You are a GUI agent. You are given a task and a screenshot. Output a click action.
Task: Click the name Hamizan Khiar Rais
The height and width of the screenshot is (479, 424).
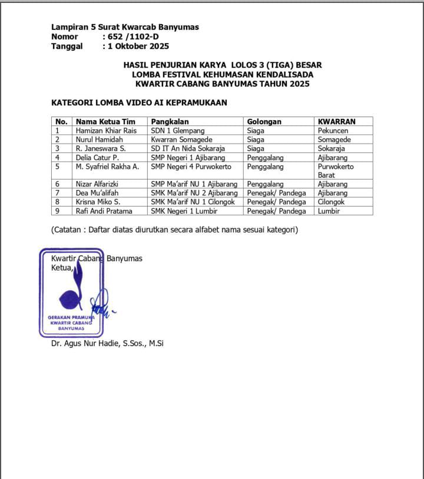[106, 131]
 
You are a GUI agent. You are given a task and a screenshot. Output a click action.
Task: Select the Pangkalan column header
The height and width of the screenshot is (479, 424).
[170, 122]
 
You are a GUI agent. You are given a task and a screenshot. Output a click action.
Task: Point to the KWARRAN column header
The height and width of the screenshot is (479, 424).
[336, 122]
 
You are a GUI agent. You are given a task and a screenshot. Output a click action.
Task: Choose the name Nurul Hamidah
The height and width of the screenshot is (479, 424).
[99, 139]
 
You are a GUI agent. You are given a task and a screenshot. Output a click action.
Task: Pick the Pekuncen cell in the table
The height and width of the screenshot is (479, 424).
[333, 131]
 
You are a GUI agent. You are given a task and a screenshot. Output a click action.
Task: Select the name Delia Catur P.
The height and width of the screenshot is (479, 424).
[97, 158]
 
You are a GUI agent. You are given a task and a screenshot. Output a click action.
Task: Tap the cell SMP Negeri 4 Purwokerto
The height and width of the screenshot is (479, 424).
[191, 167]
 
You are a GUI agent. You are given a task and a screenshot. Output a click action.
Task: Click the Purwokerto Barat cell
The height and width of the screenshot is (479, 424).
[335, 171]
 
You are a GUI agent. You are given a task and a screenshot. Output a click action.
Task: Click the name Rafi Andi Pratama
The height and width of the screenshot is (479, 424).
[104, 211]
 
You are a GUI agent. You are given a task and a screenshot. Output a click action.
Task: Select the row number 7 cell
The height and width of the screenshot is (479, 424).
[58, 193]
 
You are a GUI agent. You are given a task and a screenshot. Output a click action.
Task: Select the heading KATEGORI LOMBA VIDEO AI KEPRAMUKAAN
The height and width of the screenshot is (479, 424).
[139, 102]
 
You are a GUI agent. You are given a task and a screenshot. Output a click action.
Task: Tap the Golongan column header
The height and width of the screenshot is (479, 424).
[264, 122]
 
